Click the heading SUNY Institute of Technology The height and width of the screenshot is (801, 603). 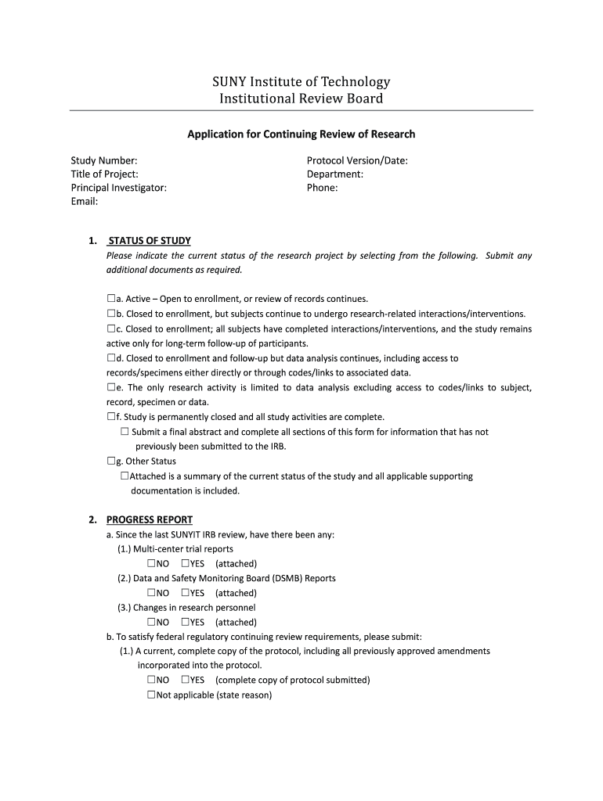(x=301, y=81)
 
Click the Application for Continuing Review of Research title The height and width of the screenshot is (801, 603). (x=301, y=134)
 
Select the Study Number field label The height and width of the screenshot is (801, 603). (x=104, y=160)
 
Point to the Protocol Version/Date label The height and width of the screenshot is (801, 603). (x=357, y=160)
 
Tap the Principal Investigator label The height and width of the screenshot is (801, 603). (x=119, y=188)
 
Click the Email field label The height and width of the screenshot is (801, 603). (x=85, y=202)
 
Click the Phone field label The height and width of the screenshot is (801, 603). (x=323, y=188)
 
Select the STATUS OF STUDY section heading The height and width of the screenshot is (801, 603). (x=149, y=240)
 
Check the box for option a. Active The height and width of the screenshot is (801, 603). (x=110, y=299)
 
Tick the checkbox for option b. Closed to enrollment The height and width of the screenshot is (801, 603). (x=110, y=314)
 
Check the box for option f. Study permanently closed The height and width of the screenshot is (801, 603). (x=110, y=417)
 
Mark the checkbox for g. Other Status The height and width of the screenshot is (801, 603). (x=110, y=462)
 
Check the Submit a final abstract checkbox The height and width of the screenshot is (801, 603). (x=125, y=432)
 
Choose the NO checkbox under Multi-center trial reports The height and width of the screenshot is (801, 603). (x=150, y=563)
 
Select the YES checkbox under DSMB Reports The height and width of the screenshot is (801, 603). (x=185, y=593)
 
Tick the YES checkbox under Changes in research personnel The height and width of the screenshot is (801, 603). (x=185, y=623)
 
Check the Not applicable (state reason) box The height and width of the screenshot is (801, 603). (x=150, y=695)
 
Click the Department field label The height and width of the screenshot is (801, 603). (x=335, y=174)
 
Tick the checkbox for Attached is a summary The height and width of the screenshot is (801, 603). (x=125, y=476)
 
